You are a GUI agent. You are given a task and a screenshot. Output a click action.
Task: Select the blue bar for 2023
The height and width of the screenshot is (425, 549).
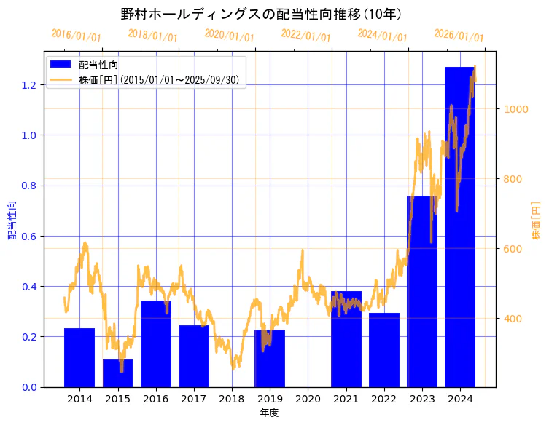pos(422,291)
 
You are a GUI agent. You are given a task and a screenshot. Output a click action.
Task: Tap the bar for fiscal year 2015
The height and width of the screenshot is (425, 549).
pos(117,373)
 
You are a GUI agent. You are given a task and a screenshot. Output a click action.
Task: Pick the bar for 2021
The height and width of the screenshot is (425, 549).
pos(346,339)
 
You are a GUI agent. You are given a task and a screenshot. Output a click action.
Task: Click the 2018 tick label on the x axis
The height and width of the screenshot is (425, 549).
pos(232,400)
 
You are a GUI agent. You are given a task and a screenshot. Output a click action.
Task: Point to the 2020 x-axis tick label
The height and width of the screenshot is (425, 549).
pos(308,400)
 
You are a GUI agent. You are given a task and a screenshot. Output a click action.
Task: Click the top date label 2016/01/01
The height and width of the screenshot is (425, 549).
pos(76,36)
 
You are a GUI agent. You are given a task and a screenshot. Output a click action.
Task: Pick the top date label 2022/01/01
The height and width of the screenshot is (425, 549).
pos(305,36)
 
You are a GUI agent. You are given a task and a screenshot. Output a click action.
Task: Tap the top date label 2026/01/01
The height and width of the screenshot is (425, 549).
pos(459,36)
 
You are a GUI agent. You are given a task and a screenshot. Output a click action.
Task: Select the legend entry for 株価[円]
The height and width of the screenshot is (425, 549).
pos(160,79)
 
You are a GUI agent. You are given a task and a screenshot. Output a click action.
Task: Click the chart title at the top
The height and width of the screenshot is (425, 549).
pos(262,14)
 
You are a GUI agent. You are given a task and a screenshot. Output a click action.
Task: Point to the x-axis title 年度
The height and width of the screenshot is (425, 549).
pos(269,413)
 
